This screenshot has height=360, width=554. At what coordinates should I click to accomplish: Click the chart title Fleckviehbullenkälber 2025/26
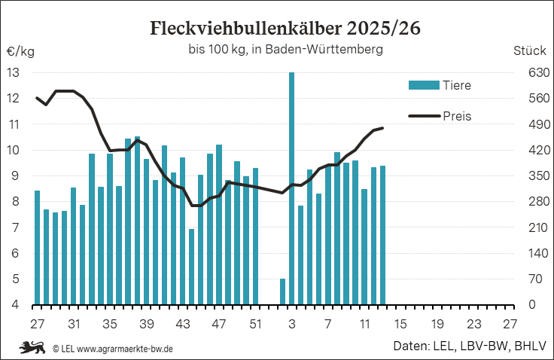(285, 29)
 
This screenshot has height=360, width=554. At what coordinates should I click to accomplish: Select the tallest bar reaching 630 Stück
(291, 188)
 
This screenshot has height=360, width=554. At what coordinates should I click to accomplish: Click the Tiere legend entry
(440, 85)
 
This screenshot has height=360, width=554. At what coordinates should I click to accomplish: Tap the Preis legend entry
(440, 115)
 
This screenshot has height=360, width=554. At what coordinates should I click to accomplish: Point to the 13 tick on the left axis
(14, 73)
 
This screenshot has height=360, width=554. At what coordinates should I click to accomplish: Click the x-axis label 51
(256, 324)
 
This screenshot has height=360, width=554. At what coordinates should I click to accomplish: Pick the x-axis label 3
(291, 324)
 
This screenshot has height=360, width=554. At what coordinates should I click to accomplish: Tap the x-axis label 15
(400, 324)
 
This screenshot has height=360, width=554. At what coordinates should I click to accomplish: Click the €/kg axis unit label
(20, 52)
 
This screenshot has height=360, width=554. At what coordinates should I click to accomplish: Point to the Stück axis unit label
(529, 52)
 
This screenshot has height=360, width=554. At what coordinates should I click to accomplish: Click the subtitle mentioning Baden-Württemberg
(285, 50)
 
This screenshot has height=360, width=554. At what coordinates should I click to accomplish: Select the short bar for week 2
(282, 291)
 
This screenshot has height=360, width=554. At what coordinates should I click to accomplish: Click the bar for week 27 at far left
(37, 248)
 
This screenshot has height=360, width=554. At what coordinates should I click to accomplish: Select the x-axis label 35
(110, 324)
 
